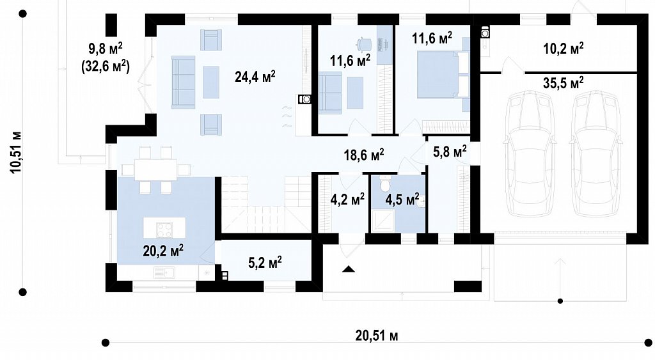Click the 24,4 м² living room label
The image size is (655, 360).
point(255,77)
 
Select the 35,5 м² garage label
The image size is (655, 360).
point(563,82)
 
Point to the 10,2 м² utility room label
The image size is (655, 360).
point(563,48)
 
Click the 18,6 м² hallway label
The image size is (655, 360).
point(364,154)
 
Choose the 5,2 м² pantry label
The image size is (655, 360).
point(265,263)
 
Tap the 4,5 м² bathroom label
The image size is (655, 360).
point(402,199)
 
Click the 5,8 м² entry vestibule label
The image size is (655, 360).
point(450,152)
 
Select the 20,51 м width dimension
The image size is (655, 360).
point(377,335)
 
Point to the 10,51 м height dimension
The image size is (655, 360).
point(16,152)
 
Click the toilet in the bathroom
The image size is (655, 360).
point(384,182)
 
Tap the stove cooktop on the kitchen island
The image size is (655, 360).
point(164,230)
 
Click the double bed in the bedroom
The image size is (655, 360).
point(443,75)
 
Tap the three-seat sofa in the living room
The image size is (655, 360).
point(183,82)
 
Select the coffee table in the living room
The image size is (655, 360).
point(211,82)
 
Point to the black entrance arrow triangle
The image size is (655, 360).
point(349,269)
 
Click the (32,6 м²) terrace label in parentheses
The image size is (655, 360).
point(105,66)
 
